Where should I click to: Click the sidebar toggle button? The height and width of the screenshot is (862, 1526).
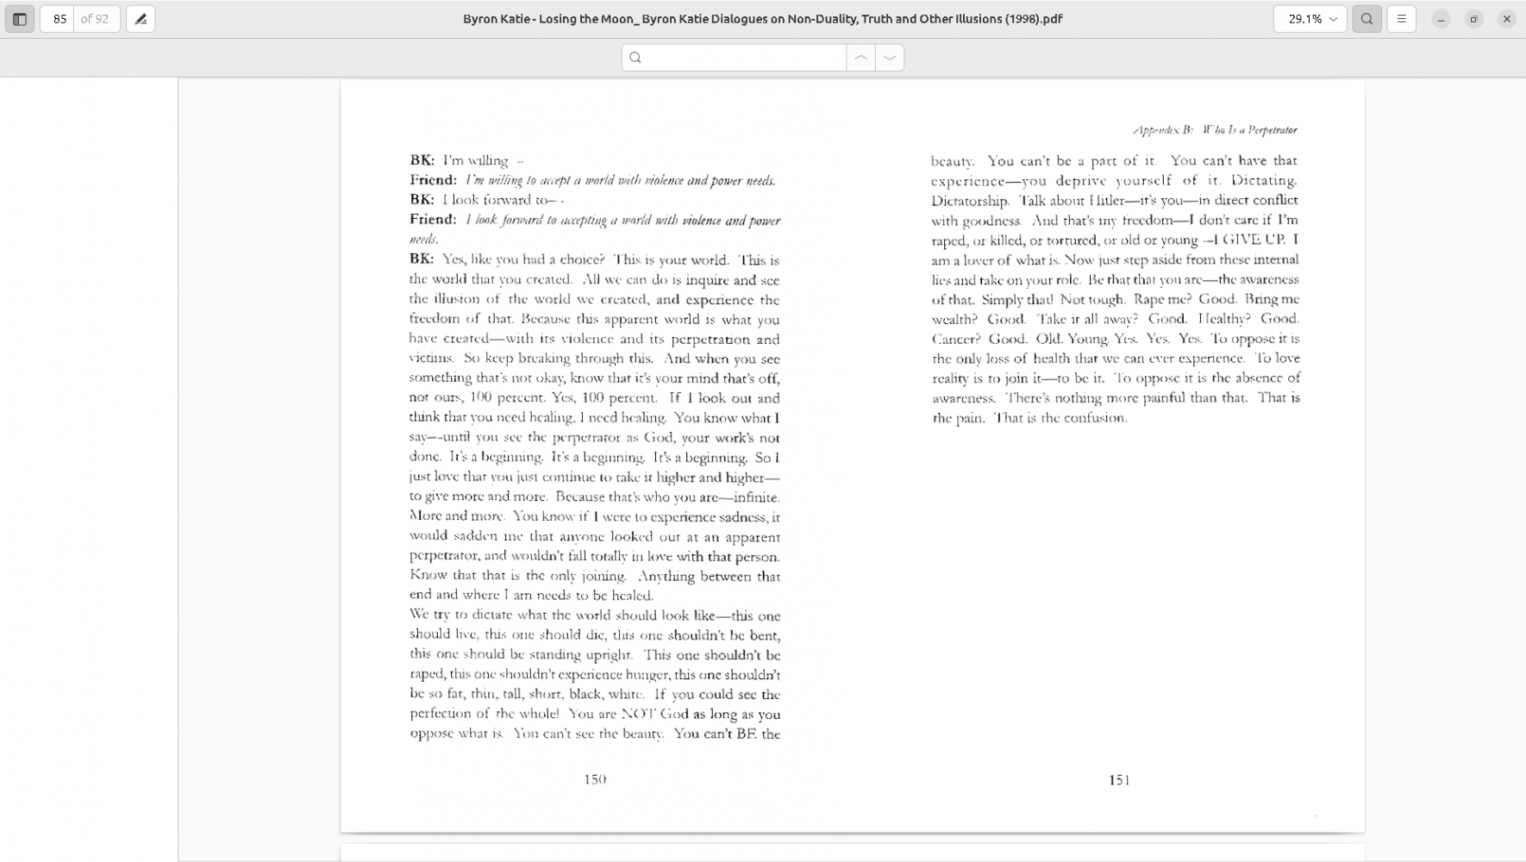tap(20, 19)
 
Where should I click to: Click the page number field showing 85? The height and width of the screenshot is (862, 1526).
tap(59, 19)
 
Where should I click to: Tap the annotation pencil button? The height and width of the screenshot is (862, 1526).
tap(141, 19)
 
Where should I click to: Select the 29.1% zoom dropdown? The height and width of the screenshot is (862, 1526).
tap(1309, 19)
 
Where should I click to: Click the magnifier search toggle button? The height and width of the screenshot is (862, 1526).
tap(1367, 19)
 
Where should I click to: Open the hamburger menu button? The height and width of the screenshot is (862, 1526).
tap(1401, 19)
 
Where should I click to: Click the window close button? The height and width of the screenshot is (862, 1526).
tap(1506, 19)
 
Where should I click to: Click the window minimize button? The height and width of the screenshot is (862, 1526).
tap(1441, 19)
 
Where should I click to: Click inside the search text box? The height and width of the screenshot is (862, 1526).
tap(741, 58)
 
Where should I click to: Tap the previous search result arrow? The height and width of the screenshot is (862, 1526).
tap(860, 58)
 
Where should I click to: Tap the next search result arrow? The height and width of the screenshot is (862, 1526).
tap(890, 58)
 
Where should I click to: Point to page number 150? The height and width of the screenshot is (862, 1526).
tap(595, 779)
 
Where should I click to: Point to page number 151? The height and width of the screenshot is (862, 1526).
tap(1119, 780)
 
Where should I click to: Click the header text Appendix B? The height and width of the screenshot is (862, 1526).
tap(1163, 130)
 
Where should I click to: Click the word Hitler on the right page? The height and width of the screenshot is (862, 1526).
tap(1106, 201)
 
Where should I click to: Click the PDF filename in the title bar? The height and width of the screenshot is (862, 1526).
tap(762, 19)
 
